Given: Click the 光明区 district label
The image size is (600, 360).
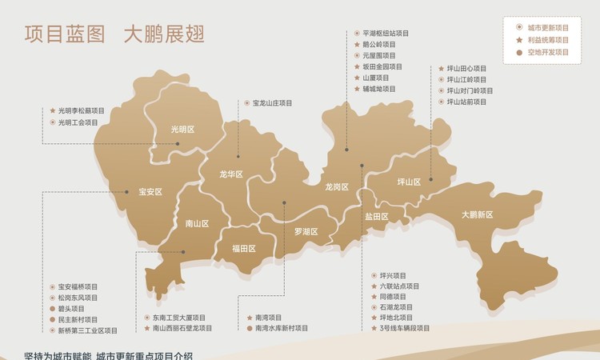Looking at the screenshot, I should tap(183, 130).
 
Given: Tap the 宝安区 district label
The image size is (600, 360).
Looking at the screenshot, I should tap(150, 192).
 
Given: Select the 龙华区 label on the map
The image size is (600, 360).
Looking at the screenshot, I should tap(231, 174).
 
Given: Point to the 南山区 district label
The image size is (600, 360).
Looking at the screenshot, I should tap(197, 224).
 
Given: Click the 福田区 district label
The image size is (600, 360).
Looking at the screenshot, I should tap(243, 249).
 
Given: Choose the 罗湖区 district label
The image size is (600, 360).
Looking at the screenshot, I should tap(306, 232).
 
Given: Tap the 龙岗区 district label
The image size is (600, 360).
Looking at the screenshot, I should tap(337, 187).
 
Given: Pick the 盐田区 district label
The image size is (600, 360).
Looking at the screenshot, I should tap(377, 217).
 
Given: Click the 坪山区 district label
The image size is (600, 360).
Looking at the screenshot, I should tap(409, 182).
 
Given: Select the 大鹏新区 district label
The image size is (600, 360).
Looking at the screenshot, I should tap(477, 214).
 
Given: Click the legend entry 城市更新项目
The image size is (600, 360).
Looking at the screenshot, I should tap(548, 27).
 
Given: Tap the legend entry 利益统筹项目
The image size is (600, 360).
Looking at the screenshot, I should tap(548, 40).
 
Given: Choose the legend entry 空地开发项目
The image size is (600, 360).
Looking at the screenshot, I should tap(548, 53).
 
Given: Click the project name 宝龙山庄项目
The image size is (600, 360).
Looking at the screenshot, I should tap(272, 103).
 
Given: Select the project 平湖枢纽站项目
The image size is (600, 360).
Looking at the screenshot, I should tap(386, 34).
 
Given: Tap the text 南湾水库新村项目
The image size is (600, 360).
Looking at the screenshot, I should tap(282, 328).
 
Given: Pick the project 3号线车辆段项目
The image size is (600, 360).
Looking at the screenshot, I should tap(405, 328).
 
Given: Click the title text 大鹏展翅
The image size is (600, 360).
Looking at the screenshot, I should tap(164, 34).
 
